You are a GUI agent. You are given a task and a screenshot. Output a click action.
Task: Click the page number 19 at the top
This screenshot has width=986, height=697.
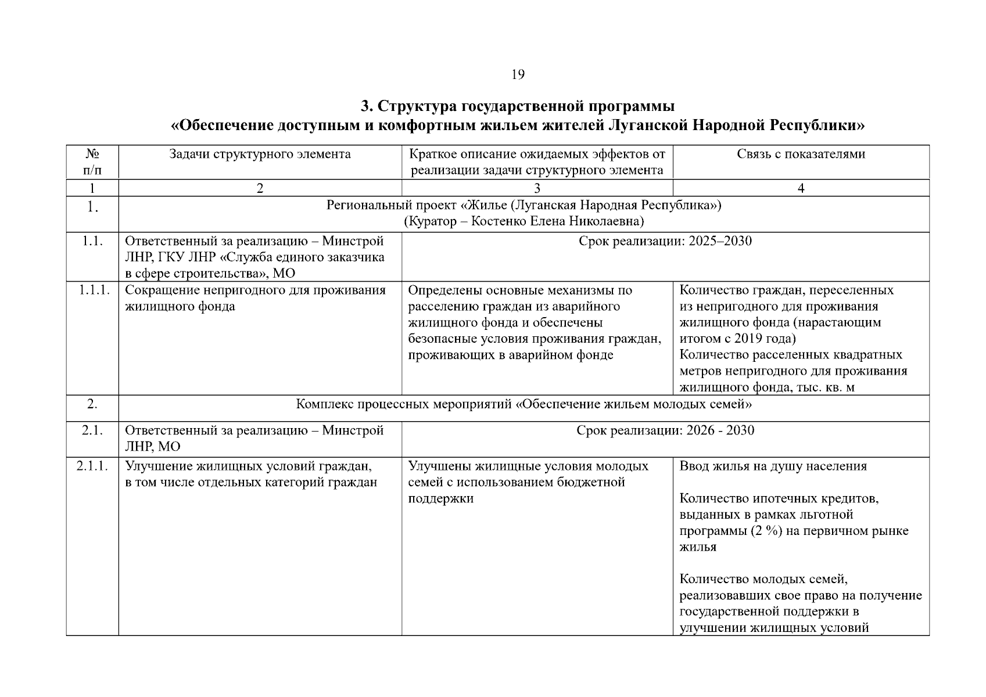pyautogui.click(x=518, y=74)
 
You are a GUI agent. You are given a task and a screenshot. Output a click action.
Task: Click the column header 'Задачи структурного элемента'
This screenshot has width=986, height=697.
pyautogui.click(x=260, y=154)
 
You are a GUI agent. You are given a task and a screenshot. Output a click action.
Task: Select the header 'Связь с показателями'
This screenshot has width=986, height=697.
pyautogui.click(x=801, y=154)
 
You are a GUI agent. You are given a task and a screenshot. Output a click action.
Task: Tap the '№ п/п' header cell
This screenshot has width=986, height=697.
pyautogui.click(x=92, y=162)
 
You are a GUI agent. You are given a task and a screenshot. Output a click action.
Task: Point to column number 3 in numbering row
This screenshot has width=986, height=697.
pyautogui.click(x=537, y=188)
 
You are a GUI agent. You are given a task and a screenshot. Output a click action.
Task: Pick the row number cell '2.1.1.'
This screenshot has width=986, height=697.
pyautogui.click(x=93, y=466)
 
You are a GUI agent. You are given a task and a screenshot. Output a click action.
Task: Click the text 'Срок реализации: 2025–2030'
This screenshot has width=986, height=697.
pyautogui.click(x=665, y=241)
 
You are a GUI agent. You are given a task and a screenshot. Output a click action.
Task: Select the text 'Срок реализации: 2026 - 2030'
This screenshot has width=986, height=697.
pyautogui.click(x=665, y=430)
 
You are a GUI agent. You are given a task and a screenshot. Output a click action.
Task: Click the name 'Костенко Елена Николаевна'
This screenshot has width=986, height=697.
pyautogui.click(x=557, y=221)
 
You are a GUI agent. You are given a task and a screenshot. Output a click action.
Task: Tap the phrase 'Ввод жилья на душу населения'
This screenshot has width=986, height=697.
pyautogui.click(x=773, y=466)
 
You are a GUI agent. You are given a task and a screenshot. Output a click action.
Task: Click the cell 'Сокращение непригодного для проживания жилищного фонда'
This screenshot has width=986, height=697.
pyautogui.click(x=255, y=298)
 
